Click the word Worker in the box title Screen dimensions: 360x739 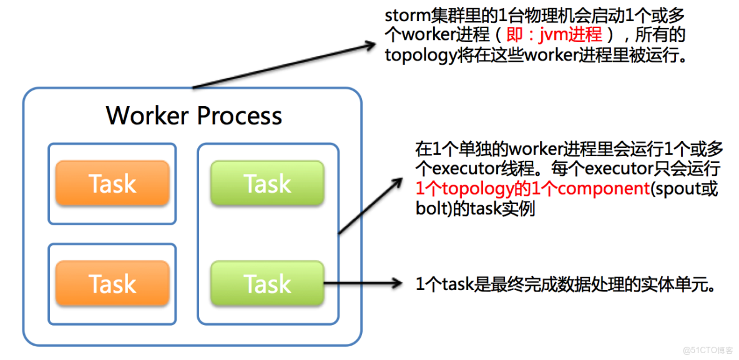coord(148,116)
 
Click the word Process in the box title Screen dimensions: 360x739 coord(240,116)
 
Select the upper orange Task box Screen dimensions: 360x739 coord(112,183)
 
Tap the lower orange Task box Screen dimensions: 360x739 coord(112,284)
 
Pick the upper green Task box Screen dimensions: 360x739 coord(267,183)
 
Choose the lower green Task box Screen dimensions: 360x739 coord(267,284)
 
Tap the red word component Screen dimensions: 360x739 coord(604,188)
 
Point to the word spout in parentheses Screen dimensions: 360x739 coord(678,188)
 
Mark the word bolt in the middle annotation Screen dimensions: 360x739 coord(428,208)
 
